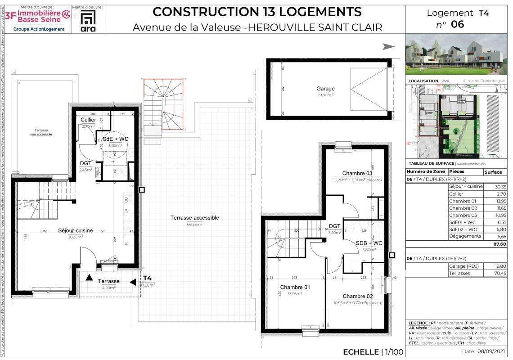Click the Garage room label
pos(325,89)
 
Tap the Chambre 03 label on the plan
pos(357,173)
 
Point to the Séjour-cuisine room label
pos(75,230)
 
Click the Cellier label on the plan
pos(88,120)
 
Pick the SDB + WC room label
pos(369,243)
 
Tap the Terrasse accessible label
pos(194,218)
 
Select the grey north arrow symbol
pos(388,46)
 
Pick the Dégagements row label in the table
pos(465,236)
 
